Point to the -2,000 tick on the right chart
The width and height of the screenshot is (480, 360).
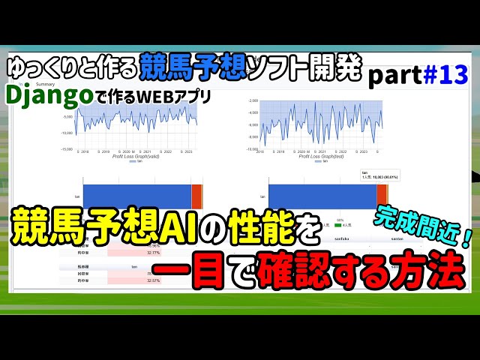[253, 100]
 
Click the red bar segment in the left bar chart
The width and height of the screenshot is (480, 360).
[196, 196]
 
